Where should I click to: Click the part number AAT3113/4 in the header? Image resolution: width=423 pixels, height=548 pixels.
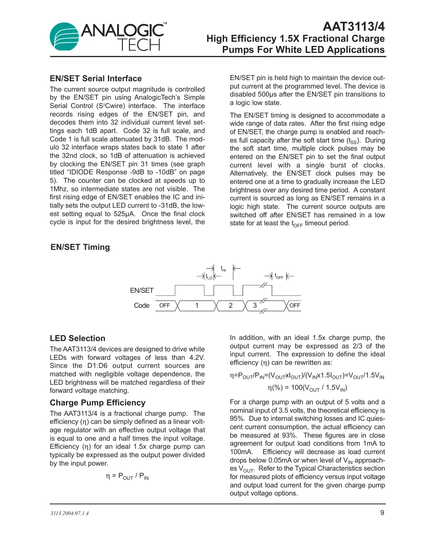[x=354, y=26]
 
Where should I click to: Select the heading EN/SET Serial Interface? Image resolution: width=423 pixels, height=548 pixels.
[x=96, y=79]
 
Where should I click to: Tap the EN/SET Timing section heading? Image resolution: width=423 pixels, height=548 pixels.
[x=80, y=247]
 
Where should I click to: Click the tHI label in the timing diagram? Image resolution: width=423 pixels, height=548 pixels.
[x=223, y=269]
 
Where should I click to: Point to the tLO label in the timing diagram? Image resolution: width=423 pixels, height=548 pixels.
[x=209, y=276]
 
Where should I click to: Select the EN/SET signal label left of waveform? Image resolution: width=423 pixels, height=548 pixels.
[x=142, y=290]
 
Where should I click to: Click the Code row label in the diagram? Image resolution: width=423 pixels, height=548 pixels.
[x=142, y=305]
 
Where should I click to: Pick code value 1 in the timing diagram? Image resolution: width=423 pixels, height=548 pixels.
[x=197, y=305]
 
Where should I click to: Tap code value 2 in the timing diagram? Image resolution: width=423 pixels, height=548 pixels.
[x=230, y=305]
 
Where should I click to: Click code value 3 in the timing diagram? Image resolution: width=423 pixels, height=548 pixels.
[x=255, y=305]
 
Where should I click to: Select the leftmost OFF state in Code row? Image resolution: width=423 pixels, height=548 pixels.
[x=165, y=305]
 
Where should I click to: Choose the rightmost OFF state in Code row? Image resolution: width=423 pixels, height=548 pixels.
[x=295, y=305]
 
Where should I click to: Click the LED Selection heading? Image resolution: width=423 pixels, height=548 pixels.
[x=77, y=338]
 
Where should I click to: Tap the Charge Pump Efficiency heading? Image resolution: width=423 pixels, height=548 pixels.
[x=98, y=403]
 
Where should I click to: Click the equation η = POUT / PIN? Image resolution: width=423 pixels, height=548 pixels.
[x=127, y=476]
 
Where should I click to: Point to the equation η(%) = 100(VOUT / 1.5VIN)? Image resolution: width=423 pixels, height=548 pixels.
[x=307, y=388]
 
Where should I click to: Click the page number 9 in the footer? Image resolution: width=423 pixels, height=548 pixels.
[x=382, y=513]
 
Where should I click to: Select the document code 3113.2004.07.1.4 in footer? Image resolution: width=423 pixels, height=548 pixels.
[x=69, y=513]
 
